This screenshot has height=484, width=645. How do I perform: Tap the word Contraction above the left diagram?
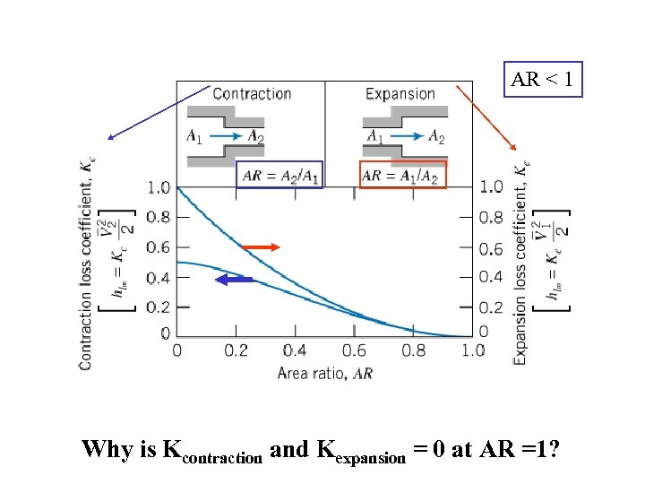click(252, 93)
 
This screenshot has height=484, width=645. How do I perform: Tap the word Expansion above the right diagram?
click(400, 93)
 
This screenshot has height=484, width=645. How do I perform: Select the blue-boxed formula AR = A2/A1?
click(280, 175)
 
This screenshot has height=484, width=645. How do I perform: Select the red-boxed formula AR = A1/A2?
click(402, 175)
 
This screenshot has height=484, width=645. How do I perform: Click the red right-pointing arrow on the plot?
click(261, 246)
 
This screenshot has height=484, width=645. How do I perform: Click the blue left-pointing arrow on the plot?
click(236, 281)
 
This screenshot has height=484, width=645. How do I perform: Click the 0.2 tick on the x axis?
click(236, 350)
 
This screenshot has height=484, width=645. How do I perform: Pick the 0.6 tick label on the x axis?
click(355, 350)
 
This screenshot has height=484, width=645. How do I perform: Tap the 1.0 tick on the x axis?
click(473, 350)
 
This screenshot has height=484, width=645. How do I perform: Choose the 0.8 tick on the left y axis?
click(159, 216)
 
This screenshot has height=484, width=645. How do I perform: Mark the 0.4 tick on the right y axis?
click(491, 276)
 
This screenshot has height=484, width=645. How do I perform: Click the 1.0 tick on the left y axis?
click(159, 187)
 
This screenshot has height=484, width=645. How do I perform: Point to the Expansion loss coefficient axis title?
click(519, 260)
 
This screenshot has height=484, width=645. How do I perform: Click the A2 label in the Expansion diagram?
click(435, 137)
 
